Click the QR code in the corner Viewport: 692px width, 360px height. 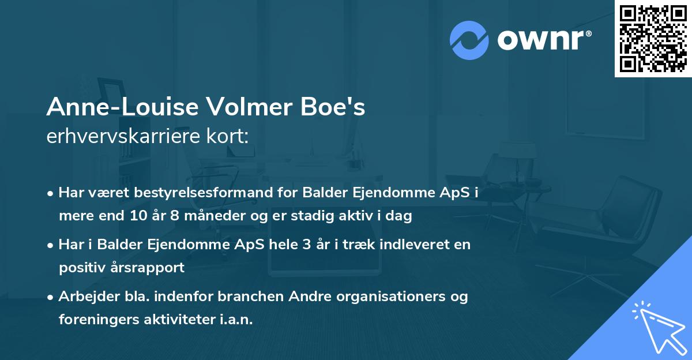[x=653, y=38]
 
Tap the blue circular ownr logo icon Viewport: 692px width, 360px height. [x=469, y=40]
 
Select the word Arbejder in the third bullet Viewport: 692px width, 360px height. [x=84, y=297]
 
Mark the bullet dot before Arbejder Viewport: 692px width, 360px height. [x=52, y=297]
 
